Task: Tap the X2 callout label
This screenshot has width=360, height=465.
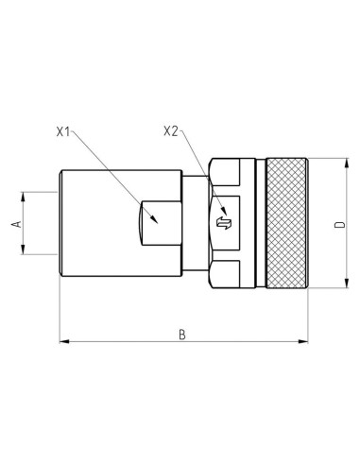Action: click(x=171, y=131)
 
